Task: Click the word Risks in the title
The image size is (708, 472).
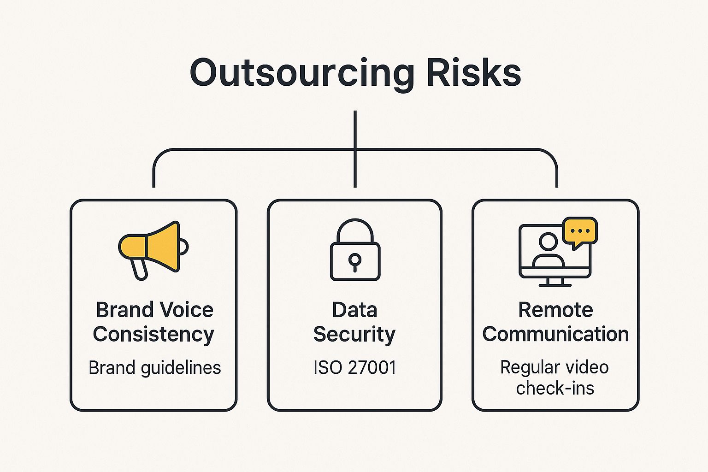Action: coord(474,73)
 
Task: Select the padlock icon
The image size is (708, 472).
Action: coord(355,251)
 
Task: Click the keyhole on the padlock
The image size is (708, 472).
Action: coord(354,261)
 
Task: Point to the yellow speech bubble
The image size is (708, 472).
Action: coord(580,231)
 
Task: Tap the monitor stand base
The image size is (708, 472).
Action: coord(555,284)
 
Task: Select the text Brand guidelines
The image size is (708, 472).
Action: coord(154,368)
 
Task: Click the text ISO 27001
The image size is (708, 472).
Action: coord(354,368)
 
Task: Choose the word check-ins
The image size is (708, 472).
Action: coord(555,388)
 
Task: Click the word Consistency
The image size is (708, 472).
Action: coord(153,335)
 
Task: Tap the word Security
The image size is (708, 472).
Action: coord(354,335)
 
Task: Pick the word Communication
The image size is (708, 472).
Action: coord(555,334)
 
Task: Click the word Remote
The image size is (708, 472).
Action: coord(555,310)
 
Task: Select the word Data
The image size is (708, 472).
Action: coord(354,310)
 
